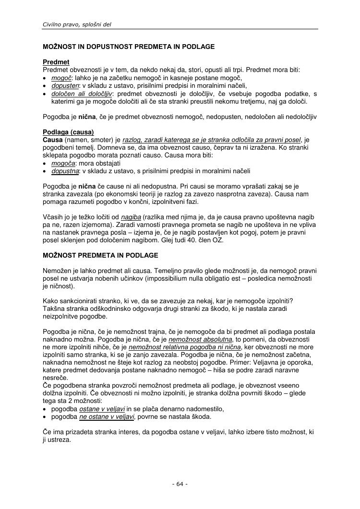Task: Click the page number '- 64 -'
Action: pyautogui.click(x=180, y=484)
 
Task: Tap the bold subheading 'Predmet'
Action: pyautogui.click(x=56, y=62)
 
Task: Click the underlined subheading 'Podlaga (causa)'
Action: pyautogui.click(x=68, y=132)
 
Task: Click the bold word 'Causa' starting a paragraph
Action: pyautogui.click(x=53, y=140)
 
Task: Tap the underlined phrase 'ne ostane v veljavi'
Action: pyautogui.click(x=107, y=417)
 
